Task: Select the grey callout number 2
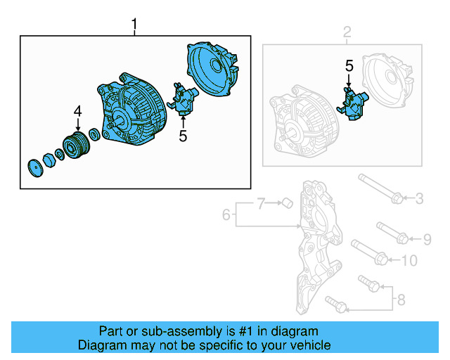346,32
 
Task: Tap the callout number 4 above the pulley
78,110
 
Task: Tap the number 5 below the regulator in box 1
183,135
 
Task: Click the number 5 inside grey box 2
349,66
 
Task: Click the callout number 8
401,300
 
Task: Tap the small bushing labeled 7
286,204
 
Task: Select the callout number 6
226,214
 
